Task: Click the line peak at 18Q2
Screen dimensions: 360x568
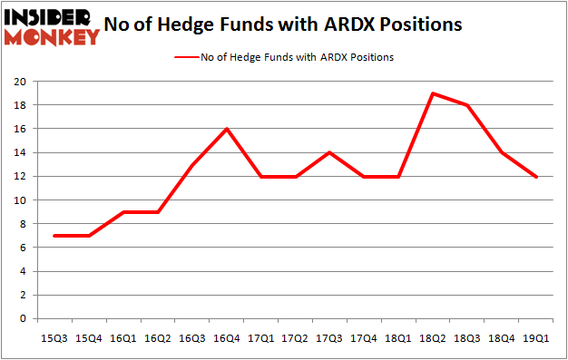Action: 433,93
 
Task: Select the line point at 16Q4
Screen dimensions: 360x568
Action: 226,129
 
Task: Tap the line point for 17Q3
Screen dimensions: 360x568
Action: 329,152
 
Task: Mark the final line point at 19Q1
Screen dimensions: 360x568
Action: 536,177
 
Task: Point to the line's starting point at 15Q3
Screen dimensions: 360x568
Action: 54,236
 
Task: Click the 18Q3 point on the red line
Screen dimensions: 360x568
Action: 467,105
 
